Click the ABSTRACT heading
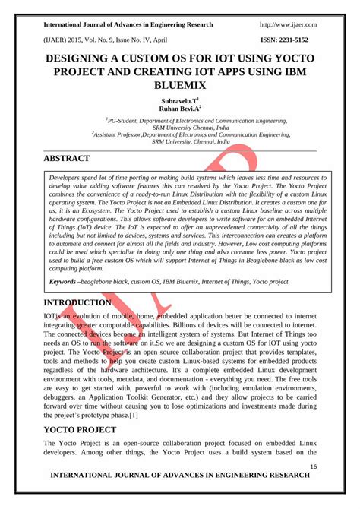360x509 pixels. tap(67, 158)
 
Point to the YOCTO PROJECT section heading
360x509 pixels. tap(80, 429)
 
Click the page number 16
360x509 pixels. tap(313, 466)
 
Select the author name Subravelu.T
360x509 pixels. tap(179, 100)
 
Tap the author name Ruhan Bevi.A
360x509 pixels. tap(179, 109)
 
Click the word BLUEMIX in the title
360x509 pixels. tap(180, 86)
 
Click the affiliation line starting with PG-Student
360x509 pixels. tap(180, 121)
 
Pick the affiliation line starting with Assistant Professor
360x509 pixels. tap(180, 134)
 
